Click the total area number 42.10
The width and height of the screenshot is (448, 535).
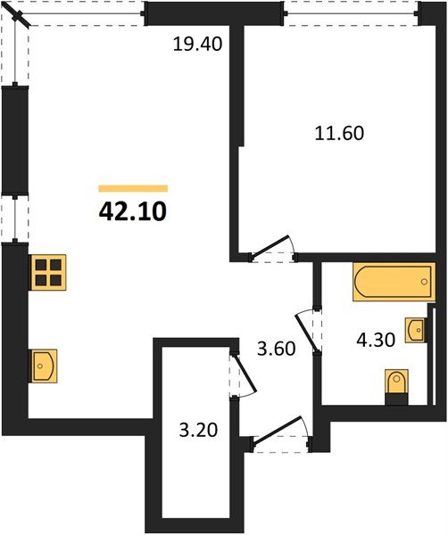tap(132, 211)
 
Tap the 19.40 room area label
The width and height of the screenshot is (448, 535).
tap(198, 44)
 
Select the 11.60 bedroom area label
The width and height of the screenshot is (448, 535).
tap(339, 133)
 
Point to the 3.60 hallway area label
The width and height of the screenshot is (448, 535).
tap(277, 349)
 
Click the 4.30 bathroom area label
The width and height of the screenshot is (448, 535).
tap(376, 340)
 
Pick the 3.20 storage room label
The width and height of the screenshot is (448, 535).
tap(198, 431)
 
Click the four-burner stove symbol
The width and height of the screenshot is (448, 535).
tap(48, 272)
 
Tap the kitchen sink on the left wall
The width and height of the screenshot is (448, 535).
tap(43, 366)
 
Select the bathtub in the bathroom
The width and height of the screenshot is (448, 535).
tap(394, 282)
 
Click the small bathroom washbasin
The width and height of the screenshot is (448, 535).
tap(416, 330)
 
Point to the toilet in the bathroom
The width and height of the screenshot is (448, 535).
tap(396, 387)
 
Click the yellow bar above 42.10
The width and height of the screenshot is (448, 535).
tap(133, 189)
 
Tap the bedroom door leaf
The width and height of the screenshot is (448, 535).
tap(270, 246)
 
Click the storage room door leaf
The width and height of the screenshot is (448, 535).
tap(244, 373)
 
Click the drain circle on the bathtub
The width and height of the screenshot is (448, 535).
tap(424, 282)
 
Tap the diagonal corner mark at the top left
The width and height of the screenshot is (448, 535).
tap(20, 15)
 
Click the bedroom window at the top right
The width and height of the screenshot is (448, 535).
tap(351, 13)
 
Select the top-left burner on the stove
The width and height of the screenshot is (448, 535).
tap(41, 265)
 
